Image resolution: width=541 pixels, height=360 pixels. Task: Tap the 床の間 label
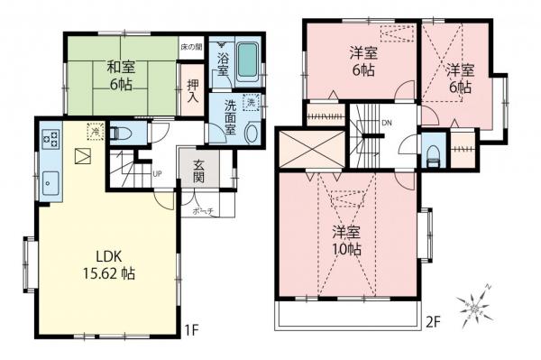(x=190, y=45)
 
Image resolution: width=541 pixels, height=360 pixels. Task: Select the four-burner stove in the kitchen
(x=49, y=139)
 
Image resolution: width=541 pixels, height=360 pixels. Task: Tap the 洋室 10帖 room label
(x=346, y=239)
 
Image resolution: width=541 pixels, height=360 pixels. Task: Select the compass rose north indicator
(x=475, y=308)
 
